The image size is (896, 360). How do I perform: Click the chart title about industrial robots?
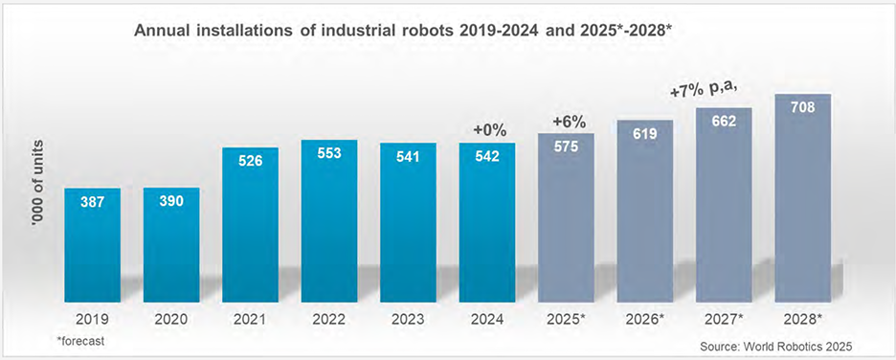pyautogui.click(x=402, y=31)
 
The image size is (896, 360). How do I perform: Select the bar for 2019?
pyautogui.click(x=93, y=244)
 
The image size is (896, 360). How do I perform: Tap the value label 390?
pyautogui.click(x=170, y=202)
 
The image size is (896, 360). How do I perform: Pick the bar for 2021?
pyautogui.click(x=250, y=225)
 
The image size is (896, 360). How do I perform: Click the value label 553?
pyautogui.click(x=329, y=154)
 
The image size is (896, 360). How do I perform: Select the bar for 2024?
pyautogui.click(x=487, y=222)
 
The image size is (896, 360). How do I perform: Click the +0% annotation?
pyautogui.click(x=490, y=130)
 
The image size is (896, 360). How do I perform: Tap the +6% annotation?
pyautogui.click(x=569, y=122)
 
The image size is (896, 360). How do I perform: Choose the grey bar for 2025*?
pyautogui.click(x=567, y=217)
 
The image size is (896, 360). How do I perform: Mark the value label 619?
pyautogui.click(x=644, y=134)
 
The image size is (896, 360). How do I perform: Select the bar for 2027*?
pyautogui.click(x=724, y=205)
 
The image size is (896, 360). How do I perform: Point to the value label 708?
pyautogui.click(x=802, y=107)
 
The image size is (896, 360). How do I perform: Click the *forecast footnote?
pyautogui.click(x=80, y=341)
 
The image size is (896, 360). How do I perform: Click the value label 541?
pyautogui.click(x=408, y=156)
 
